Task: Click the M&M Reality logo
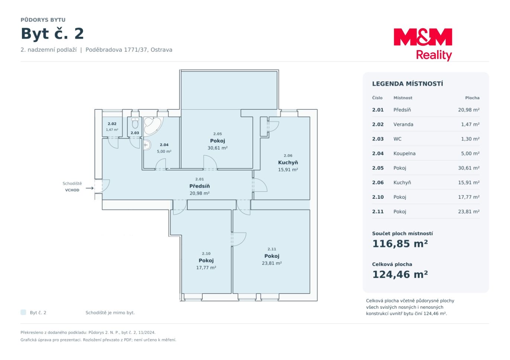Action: [x=423, y=45]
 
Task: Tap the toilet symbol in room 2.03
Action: [x=135, y=123]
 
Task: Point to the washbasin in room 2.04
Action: [x=147, y=145]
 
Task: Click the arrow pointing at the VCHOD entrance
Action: [x=90, y=188]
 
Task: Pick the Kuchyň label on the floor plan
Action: [x=288, y=162]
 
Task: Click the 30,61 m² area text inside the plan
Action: [x=217, y=148]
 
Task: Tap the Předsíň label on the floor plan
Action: [x=200, y=186]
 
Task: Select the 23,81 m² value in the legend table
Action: [x=469, y=212]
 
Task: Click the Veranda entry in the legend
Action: [x=403, y=124]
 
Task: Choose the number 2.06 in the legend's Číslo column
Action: [x=378, y=182]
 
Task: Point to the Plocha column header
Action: [x=472, y=98]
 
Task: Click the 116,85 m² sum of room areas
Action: [x=400, y=244]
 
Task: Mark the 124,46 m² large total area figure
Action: [x=400, y=275]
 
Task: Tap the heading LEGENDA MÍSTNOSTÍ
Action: [x=407, y=84]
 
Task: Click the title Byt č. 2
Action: [x=52, y=34]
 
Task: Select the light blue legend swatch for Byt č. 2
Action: [x=23, y=312]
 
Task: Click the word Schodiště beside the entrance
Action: [x=72, y=184]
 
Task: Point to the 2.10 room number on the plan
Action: [x=206, y=253]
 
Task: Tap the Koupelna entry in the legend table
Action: [x=404, y=153]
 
